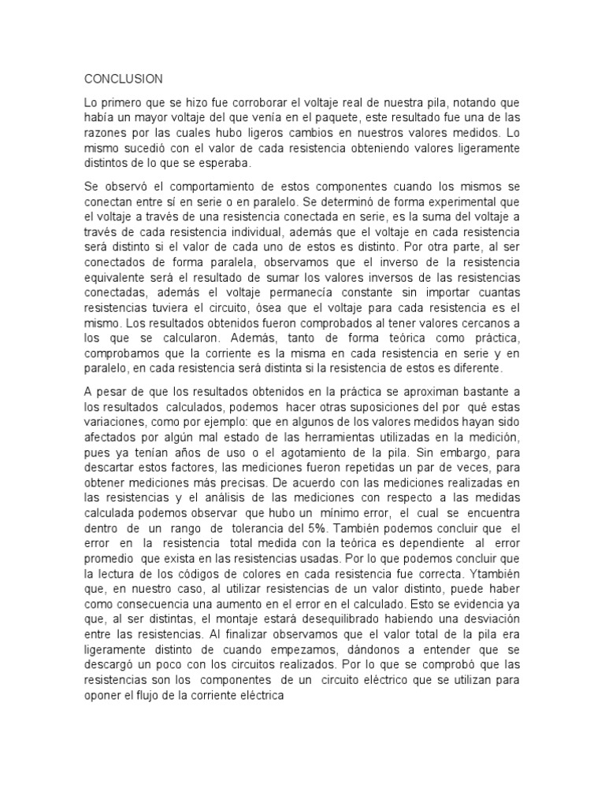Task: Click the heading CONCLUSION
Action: point(123,79)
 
